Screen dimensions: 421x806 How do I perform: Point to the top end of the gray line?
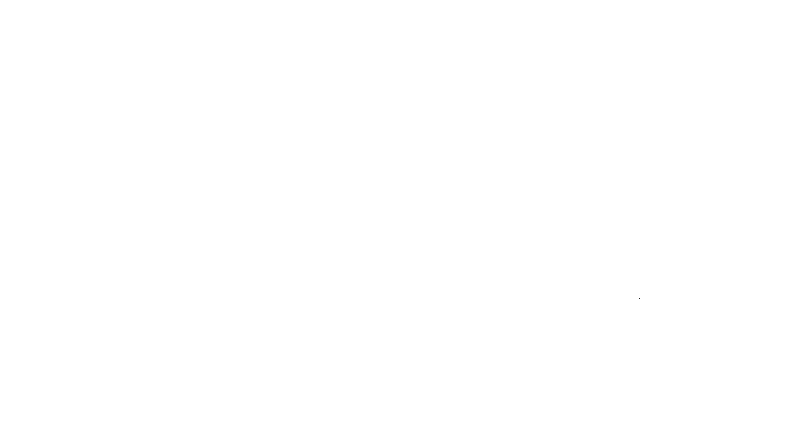point(640,299)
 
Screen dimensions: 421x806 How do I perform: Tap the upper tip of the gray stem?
point(640,299)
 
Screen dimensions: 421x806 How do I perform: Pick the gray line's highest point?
point(640,299)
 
